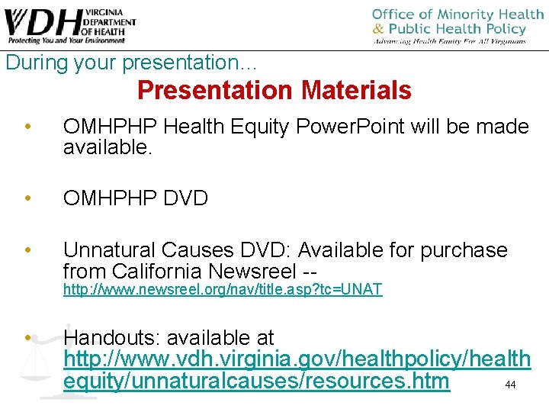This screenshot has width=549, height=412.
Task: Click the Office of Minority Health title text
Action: click(x=457, y=15)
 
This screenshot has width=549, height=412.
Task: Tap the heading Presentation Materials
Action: click(x=274, y=91)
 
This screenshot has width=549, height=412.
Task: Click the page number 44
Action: click(x=510, y=385)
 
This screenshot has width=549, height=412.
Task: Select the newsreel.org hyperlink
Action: click(x=222, y=290)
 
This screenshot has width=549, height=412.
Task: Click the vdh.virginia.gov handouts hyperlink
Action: click(x=297, y=370)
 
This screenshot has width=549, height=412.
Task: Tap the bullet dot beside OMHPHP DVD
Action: click(x=27, y=199)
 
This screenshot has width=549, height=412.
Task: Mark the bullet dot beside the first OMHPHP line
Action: click(x=27, y=127)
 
